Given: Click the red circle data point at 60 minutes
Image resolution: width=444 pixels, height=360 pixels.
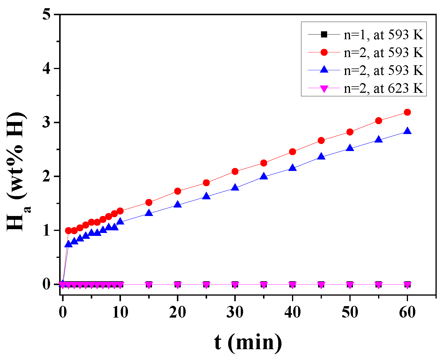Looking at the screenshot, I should (x=407, y=112).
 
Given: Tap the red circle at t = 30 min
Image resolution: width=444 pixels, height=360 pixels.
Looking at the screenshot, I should (x=235, y=172).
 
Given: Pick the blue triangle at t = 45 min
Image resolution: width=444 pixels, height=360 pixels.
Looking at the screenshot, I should (x=321, y=157).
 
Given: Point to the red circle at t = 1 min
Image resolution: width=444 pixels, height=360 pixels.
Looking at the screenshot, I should (x=68, y=231).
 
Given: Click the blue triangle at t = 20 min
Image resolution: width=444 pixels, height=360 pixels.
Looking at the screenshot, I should (x=177, y=205).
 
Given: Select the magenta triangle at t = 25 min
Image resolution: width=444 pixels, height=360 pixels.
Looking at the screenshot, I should (x=206, y=285).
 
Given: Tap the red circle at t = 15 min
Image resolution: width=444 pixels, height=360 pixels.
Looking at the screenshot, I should (x=149, y=203).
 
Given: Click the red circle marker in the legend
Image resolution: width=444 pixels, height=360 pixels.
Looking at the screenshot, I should (x=324, y=52).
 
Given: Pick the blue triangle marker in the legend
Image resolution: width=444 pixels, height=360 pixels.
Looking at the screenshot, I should (x=324, y=70).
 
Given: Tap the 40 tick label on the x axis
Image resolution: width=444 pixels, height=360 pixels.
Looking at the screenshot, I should (x=292, y=313).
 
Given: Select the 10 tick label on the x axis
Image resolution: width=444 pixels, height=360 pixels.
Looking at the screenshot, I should (x=120, y=313).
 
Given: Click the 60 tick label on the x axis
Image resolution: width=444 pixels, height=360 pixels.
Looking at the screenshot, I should (x=407, y=313).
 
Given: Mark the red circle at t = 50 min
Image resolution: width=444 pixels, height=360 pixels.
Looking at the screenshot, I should (x=350, y=132).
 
